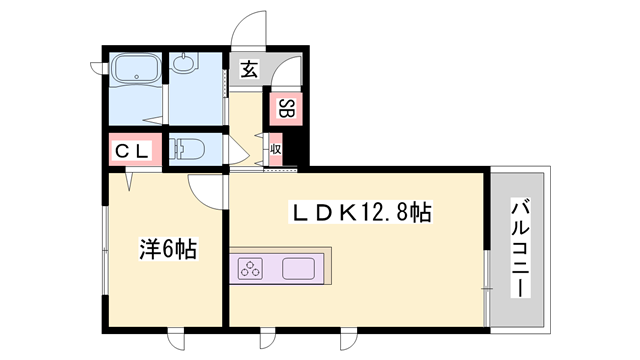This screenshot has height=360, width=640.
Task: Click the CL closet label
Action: (131, 151)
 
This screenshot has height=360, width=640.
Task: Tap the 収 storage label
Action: (276, 152)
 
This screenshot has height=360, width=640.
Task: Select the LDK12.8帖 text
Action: (361, 213)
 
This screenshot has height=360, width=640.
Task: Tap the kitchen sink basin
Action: (300, 268)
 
